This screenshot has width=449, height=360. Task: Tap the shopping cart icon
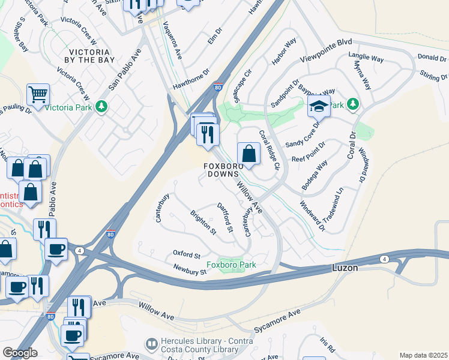click(37, 95)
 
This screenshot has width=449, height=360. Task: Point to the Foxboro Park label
click(231, 265)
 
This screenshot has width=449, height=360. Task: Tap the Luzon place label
click(346, 268)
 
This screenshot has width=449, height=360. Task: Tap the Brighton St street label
click(202, 223)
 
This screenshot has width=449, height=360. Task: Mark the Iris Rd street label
click(327, 344)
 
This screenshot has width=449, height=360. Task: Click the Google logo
click(20, 353)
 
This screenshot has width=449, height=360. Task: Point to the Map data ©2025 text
click(423, 355)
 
